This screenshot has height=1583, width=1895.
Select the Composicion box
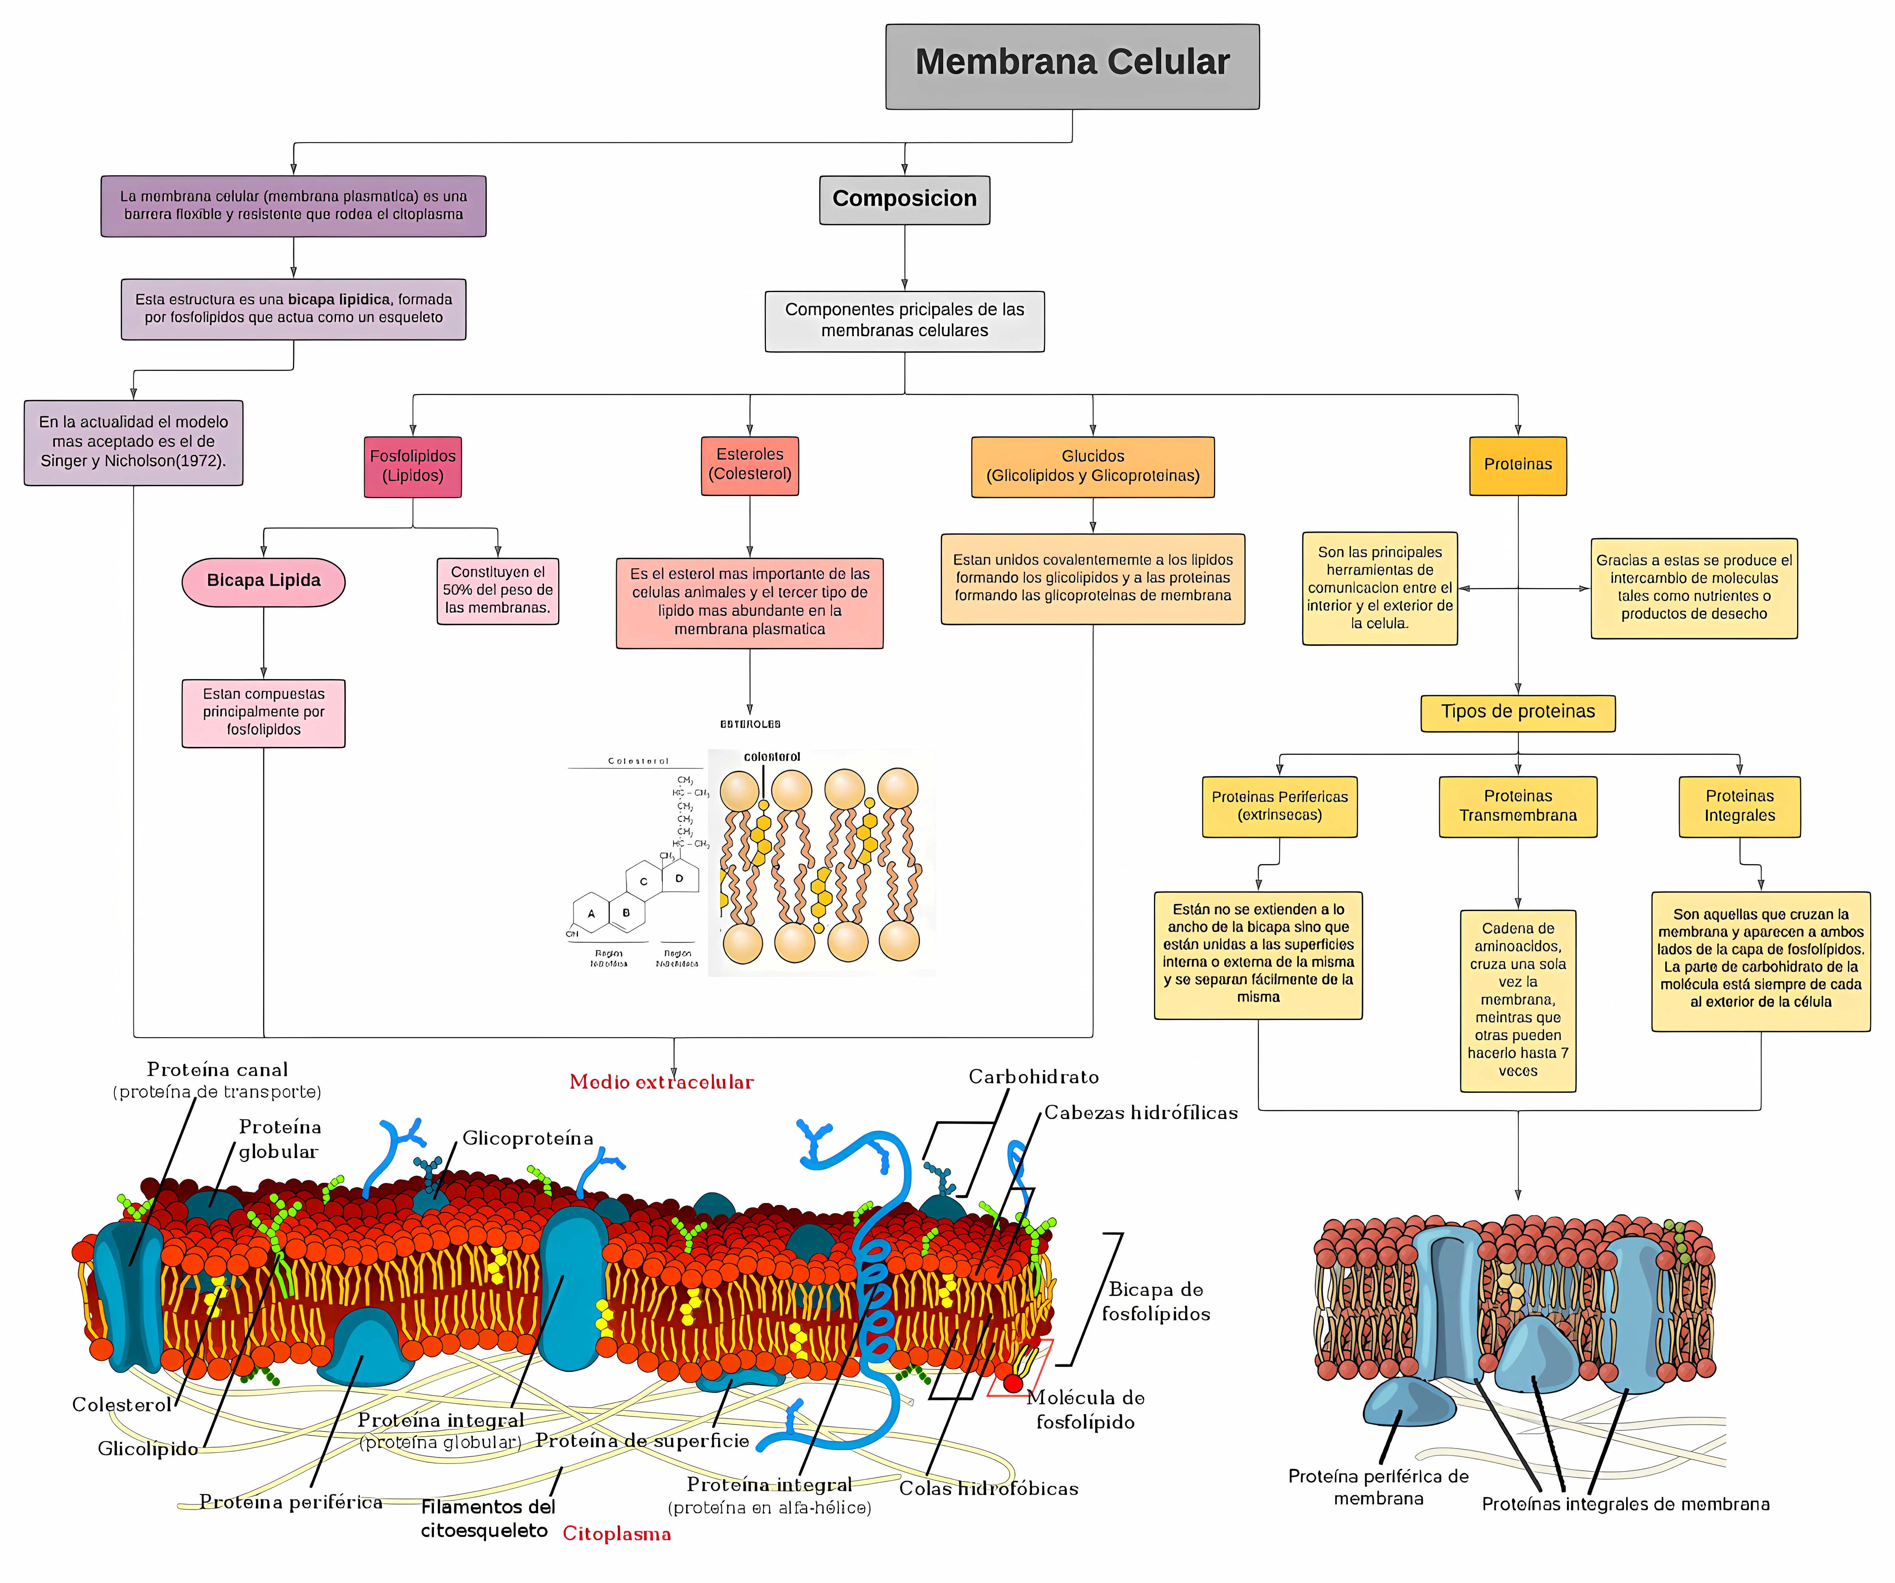[x=904, y=199]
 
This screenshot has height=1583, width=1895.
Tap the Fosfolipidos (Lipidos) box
[x=413, y=466]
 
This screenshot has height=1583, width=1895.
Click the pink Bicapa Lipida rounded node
[x=263, y=581]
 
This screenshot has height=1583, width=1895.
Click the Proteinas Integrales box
[x=1739, y=806]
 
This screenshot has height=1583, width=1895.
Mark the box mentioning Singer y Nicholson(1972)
[x=133, y=442]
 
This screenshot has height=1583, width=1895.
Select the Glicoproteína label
[x=528, y=1138]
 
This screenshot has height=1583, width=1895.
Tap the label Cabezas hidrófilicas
[x=1141, y=1112]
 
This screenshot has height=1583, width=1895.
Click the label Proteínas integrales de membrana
[x=1625, y=1504]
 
